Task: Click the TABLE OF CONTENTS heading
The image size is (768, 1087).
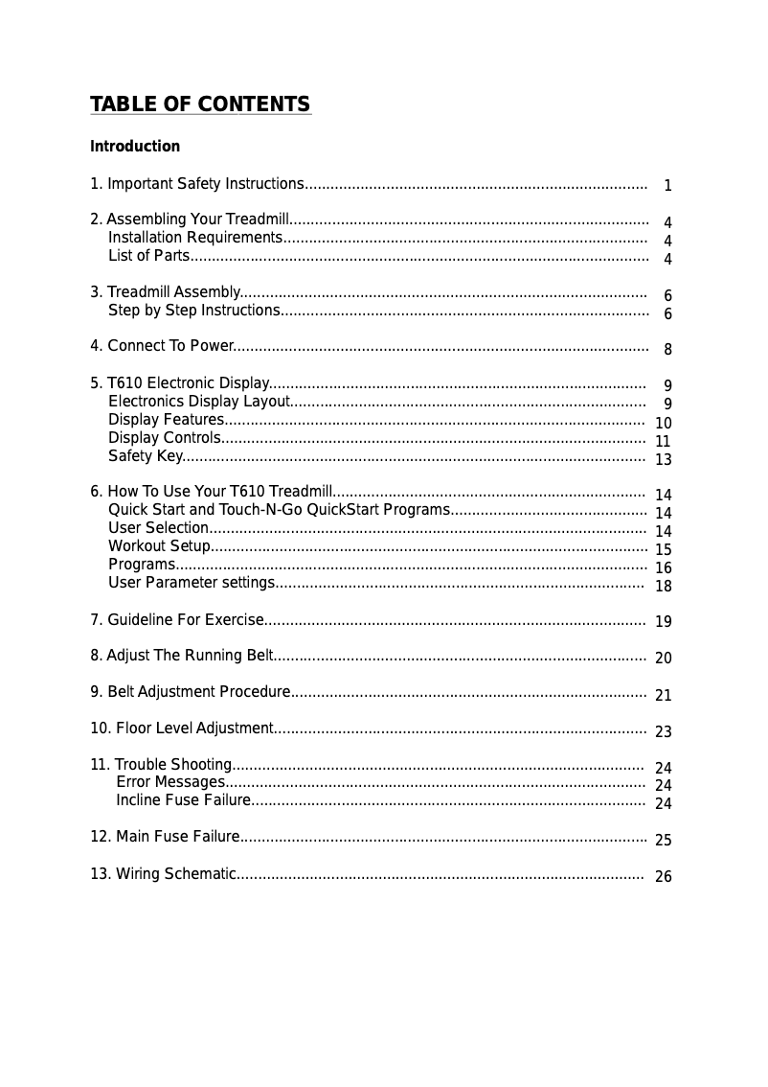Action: [x=200, y=104]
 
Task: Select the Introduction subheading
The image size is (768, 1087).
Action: [x=135, y=147]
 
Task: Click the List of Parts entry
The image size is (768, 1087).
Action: [x=148, y=255]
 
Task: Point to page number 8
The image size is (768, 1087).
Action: [x=667, y=350]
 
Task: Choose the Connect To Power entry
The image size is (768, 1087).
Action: [x=162, y=346]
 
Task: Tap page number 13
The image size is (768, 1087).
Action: [x=663, y=460]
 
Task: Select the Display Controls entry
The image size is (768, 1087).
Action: [x=165, y=438]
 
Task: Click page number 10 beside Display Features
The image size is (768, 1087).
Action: [x=663, y=424]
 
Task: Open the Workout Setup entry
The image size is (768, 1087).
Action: [x=159, y=546]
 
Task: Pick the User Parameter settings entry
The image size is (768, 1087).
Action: [x=192, y=583]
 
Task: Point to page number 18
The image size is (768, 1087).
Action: [x=663, y=587]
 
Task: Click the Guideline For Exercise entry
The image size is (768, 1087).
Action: [x=177, y=620]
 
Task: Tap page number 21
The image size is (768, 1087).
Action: [x=663, y=696]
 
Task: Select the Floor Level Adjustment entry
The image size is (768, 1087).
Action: [x=182, y=729]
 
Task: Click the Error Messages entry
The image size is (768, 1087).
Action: [x=170, y=782]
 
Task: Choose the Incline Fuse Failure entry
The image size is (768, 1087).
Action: [x=183, y=800]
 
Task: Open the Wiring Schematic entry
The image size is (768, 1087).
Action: [x=163, y=873]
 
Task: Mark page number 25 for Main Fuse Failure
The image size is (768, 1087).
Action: [x=663, y=841]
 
